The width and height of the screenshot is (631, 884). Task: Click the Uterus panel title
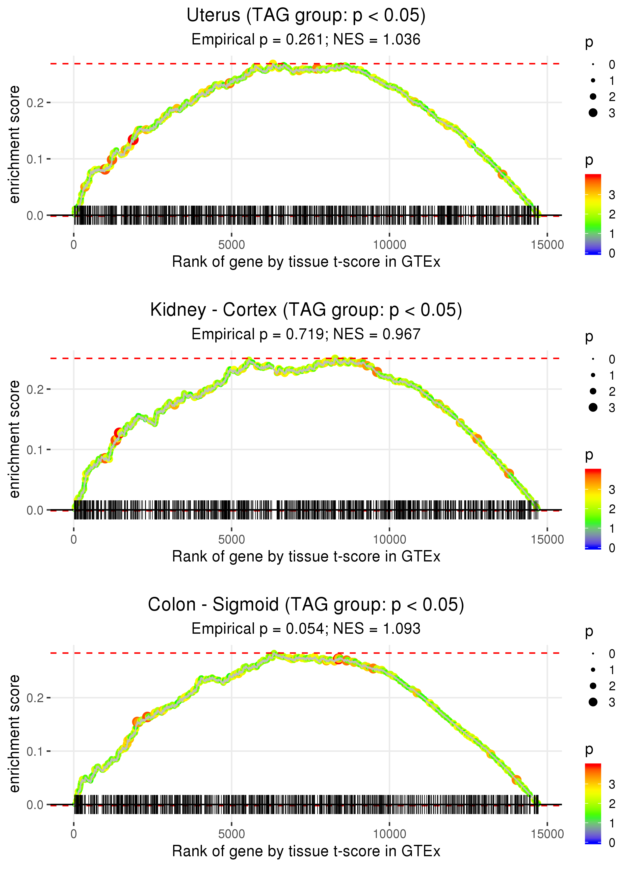tap(306, 16)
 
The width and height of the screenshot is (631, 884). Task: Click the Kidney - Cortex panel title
tap(306, 310)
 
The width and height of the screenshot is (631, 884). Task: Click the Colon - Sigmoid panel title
tap(306, 605)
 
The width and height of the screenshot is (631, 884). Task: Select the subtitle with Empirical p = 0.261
tap(306, 40)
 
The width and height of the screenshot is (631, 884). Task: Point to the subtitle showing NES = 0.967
tap(306, 334)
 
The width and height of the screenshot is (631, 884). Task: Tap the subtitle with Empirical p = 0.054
tap(306, 629)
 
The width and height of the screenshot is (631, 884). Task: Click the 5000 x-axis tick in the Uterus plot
tap(231, 245)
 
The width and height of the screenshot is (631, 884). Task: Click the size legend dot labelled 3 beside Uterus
tap(593, 113)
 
